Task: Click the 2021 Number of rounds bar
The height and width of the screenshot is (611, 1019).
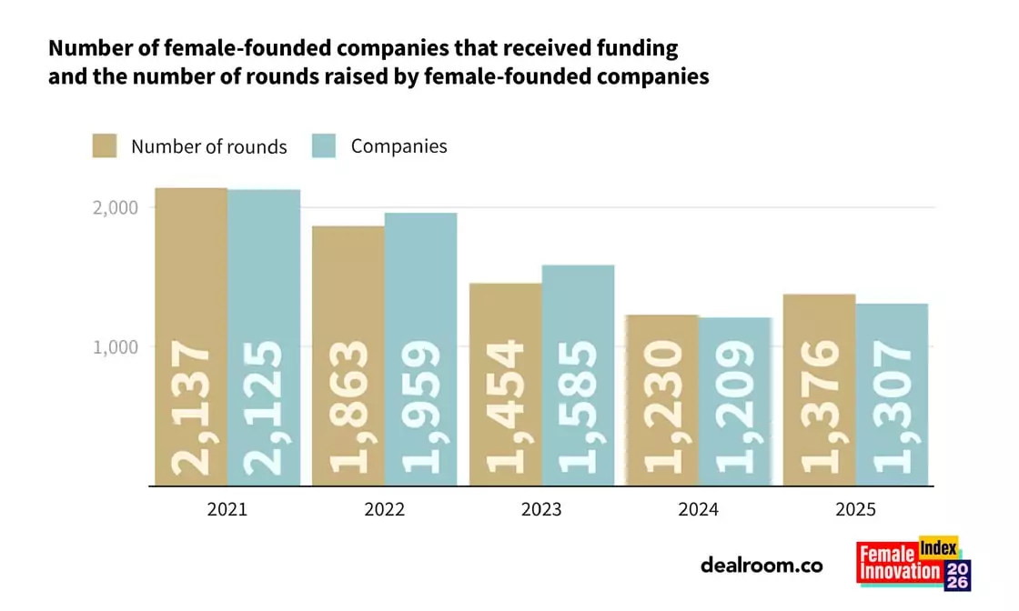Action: (191, 336)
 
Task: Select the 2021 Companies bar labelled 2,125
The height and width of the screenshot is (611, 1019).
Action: (264, 337)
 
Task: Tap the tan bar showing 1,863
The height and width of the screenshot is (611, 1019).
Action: (348, 356)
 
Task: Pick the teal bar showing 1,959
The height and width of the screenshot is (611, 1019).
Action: (420, 349)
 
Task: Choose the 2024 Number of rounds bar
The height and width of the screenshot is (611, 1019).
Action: (662, 400)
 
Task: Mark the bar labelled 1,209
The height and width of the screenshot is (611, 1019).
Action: (735, 401)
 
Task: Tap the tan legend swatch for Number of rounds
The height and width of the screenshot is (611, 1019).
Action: (105, 146)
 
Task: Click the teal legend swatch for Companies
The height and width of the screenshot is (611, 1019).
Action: (324, 146)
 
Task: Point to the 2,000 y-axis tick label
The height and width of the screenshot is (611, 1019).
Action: (116, 207)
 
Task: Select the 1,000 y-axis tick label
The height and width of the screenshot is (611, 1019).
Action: (116, 346)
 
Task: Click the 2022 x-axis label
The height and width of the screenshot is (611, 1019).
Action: (384, 510)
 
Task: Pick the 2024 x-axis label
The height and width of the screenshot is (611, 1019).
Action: (698, 510)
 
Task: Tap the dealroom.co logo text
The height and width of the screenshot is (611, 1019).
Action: (762, 566)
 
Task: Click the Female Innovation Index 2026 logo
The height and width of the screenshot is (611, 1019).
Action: (913, 564)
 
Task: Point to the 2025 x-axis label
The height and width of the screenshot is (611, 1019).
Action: (855, 510)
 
